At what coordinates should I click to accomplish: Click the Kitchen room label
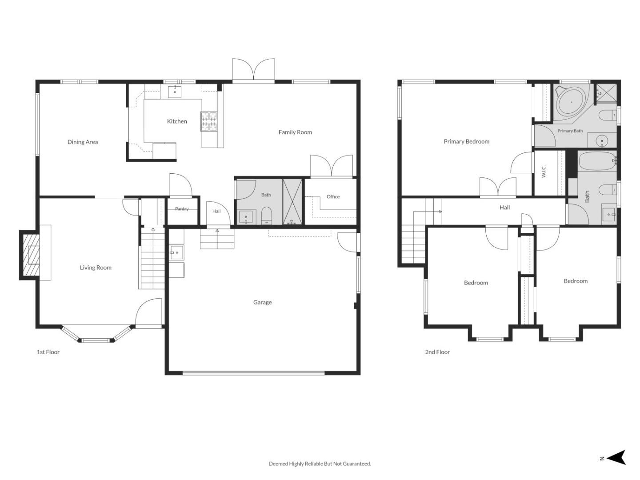[x=177, y=121]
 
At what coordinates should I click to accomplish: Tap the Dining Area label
[x=83, y=142]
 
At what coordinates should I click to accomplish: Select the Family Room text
[x=295, y=132]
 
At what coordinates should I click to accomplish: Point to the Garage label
[x=262, y=303]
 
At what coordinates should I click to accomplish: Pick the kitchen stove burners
[x=209, y=121]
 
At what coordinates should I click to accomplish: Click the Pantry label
[x=182, y=209]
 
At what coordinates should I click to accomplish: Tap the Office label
[x=333, y=197]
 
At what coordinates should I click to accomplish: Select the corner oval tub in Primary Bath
[x=571, y=103]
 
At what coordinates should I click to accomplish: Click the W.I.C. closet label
[x=544, y=172]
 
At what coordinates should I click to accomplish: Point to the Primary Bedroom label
[x=466, y=142]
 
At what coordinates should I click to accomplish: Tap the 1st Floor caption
[x=48, y=352]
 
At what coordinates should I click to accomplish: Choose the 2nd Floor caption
[x=437, y=352]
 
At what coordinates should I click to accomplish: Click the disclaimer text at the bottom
[x=320, y=464]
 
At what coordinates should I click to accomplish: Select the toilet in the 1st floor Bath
[x=267, y=216]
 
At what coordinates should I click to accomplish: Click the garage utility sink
[x=177, y=252]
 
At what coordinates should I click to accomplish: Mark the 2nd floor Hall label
[x=504, y=208]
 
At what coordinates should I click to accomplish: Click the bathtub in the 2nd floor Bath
[x=597, y=161]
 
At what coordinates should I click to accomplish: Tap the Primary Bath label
[x=570, y=131]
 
